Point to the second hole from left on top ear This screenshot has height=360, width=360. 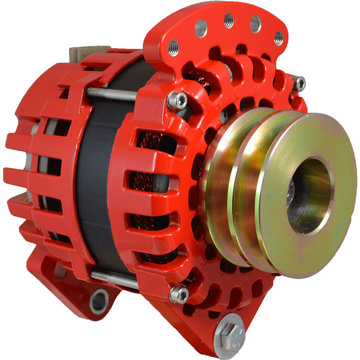[201, 27]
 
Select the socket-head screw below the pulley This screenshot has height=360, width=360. [179, 294]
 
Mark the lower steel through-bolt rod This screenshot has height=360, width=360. [129, 278]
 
